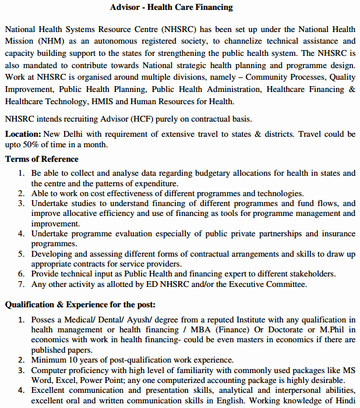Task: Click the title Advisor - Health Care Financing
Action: click(171, 8)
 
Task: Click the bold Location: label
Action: click(23, 134)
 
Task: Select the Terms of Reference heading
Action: click(42, 159)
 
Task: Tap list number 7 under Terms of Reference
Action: click(22, 285)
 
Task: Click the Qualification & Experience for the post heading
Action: click(80, 304)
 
